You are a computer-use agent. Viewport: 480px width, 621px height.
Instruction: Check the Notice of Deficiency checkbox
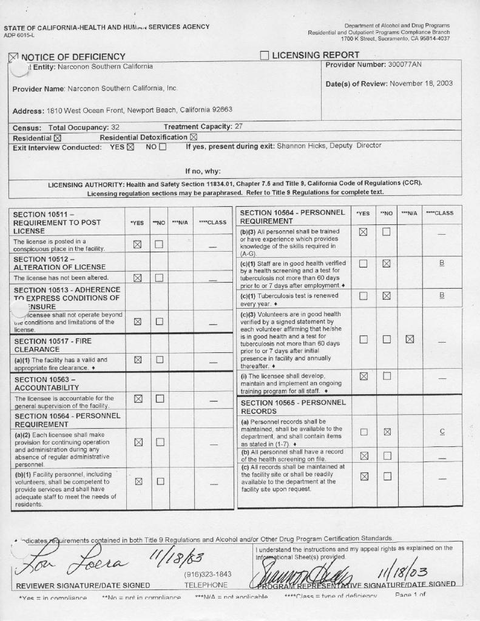click(14, 57)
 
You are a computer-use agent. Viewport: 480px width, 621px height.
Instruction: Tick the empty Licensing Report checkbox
click(264, 56)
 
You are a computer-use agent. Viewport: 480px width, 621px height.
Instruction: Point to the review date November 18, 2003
click(421, 84)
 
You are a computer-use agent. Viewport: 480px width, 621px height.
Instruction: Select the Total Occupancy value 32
click(115, 127)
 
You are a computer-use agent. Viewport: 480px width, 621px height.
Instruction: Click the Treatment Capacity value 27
click(238, 126)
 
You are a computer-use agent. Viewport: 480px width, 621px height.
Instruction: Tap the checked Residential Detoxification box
click(194, 137)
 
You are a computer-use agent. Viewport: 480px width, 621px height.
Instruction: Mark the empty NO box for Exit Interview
click(162, 147)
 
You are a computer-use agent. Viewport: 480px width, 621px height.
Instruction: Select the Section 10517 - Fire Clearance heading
click(53, 345)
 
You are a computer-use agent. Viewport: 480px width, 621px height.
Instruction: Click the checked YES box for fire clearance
click(138, 360)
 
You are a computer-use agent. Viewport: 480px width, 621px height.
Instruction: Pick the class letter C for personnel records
click(442, 432)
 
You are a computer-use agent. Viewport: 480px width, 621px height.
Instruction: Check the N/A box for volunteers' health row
click(410, 338)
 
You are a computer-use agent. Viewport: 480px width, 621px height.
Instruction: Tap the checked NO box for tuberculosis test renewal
click(387, 296)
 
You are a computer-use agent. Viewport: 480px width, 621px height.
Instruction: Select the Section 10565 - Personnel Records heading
click(293, 406)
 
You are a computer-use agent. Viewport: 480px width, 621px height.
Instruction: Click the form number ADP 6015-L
click(19, 35)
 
